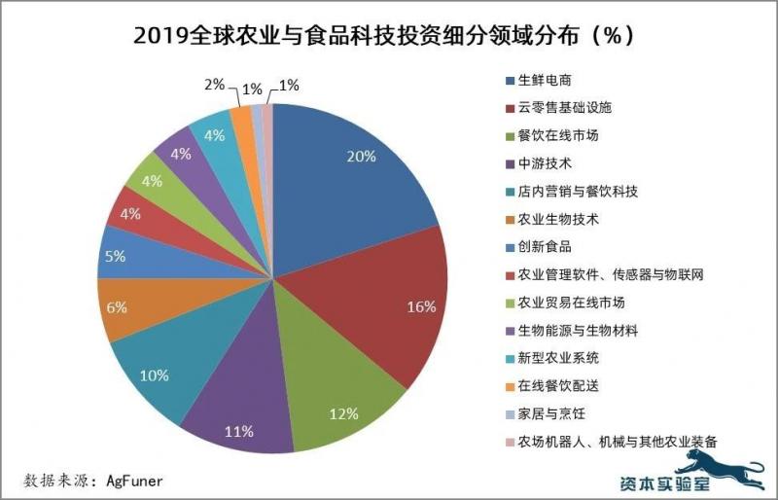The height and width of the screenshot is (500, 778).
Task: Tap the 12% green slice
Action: (x=340, y=399)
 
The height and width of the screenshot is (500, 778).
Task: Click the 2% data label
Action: (x=215, y=86)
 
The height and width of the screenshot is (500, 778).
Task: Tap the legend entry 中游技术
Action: (x=546, y=162)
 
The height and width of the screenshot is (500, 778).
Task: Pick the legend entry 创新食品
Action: (x=546, y=246)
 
